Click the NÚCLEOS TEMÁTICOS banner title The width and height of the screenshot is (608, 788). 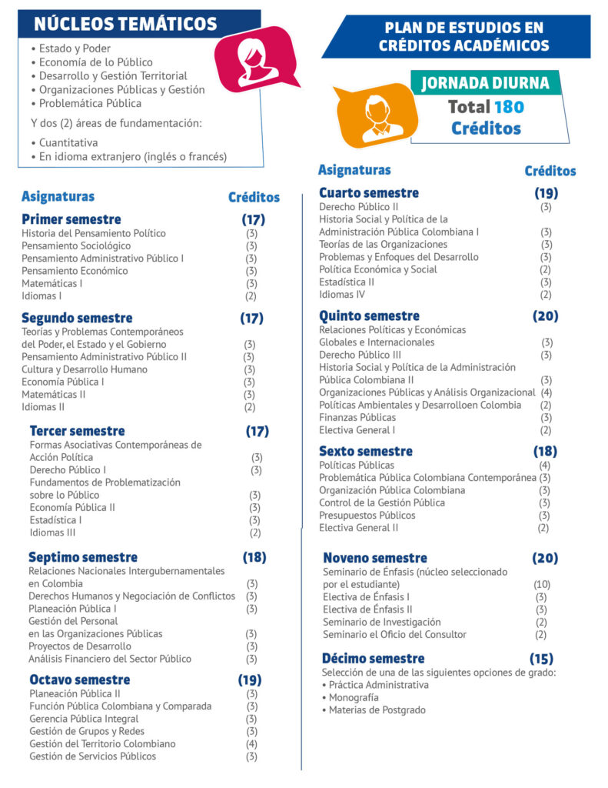pyautogui.click(x=125, y=24)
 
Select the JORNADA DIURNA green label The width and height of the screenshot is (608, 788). pyautogui.click(x=486, y=83)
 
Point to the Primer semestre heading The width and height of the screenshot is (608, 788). pyautogui.click(x=71, y=219)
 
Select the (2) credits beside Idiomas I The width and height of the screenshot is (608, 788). pyautogui.click(x=251, y=295)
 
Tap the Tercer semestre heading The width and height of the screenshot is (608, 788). pyautogui.click(x=77, y=431)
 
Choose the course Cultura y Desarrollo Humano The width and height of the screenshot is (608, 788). pyautogui.click(x=85, y=369)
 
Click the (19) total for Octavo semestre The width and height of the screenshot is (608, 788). pyautogui.click(x=250, y=680)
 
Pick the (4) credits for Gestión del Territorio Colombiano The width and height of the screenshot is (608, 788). pyautogui.click(x=251, y=744)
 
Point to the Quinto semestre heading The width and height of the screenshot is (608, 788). pyautogui.click(x=369, y=316)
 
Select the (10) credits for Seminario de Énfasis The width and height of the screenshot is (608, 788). pyautogui.click(x=542, y=585)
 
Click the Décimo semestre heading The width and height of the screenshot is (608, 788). pyautogui.click(x=374, y=659)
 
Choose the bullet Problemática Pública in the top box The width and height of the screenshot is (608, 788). pyautogui.click(x=91, y=103)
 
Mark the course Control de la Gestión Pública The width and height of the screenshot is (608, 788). pyautogui.click(x=382, y=503)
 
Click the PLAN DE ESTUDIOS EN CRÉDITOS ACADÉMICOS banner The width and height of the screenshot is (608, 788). pyautogui.click(x=463, y=37)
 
